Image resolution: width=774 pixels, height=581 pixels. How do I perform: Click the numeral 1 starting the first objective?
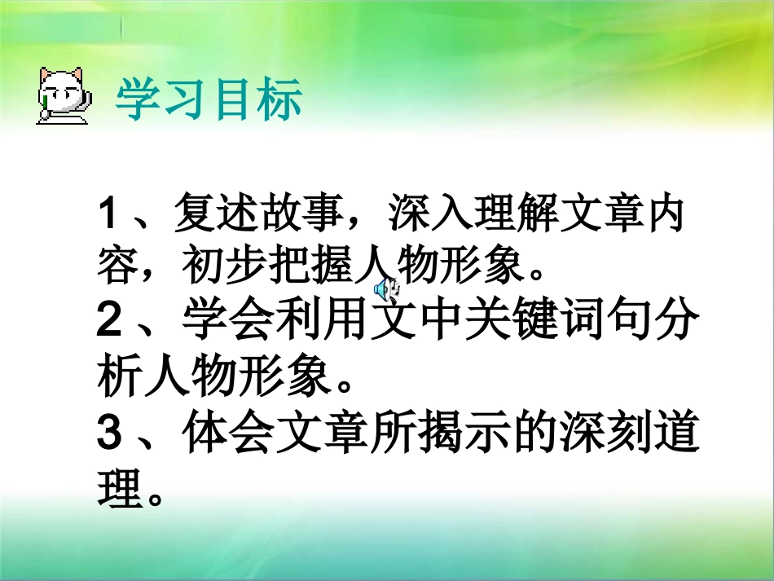tap(108, 216)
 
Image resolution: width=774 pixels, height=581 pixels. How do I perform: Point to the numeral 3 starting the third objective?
tap(108, 433)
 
